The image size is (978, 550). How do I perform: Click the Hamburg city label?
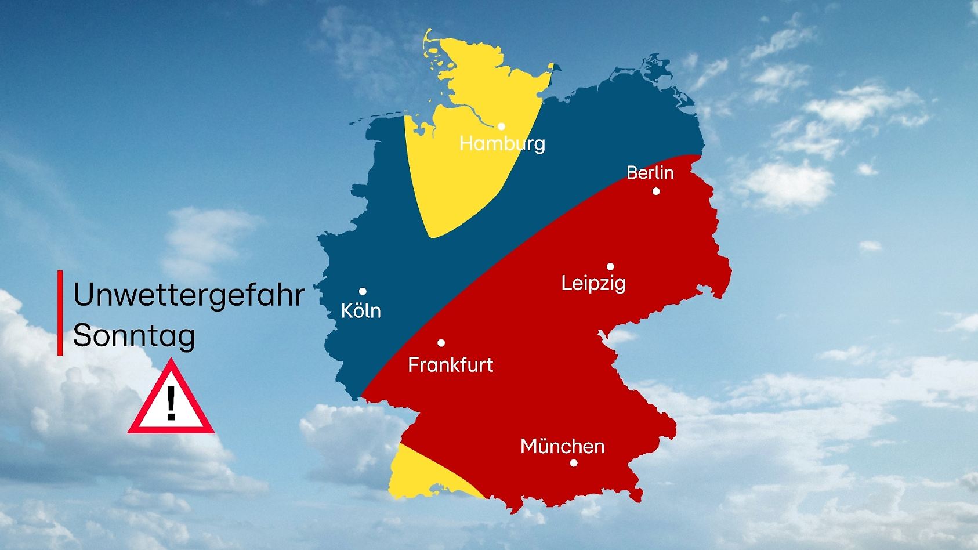pyautogui.click(x=502, y=143)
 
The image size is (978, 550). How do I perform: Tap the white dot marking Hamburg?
pyautogui.click(x=501, y=126)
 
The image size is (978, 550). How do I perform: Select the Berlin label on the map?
pyautogui.click(x=650, y=172)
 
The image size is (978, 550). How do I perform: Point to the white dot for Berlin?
pyautogui.click(x=656, y=191)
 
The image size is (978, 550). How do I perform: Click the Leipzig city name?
pyautogui.click(x=593, y=283)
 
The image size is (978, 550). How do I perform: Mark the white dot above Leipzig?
pyautogui.click(x=610, y=266)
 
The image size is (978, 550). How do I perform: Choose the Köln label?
pyautogui.click(x=361, y=310)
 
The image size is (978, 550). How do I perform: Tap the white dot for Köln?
pyautogui.click(x=363, y=291)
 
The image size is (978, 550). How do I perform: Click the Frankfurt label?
pyautogui.click(x=451, y=364)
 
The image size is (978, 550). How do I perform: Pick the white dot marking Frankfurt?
pyautogui.click(x=441, y=343)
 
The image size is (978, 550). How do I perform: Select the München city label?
pyautogui.click(x=563, y=446)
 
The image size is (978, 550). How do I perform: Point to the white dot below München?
pyautogui.click(x=574, y=463)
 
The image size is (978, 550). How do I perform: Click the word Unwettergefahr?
pyautogui.click(x=189, y=295)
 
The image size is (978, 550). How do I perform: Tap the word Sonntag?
pyautogui.click(x=134, y=336)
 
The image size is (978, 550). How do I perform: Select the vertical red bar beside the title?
pyautogui.click(x=60, y=313)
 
